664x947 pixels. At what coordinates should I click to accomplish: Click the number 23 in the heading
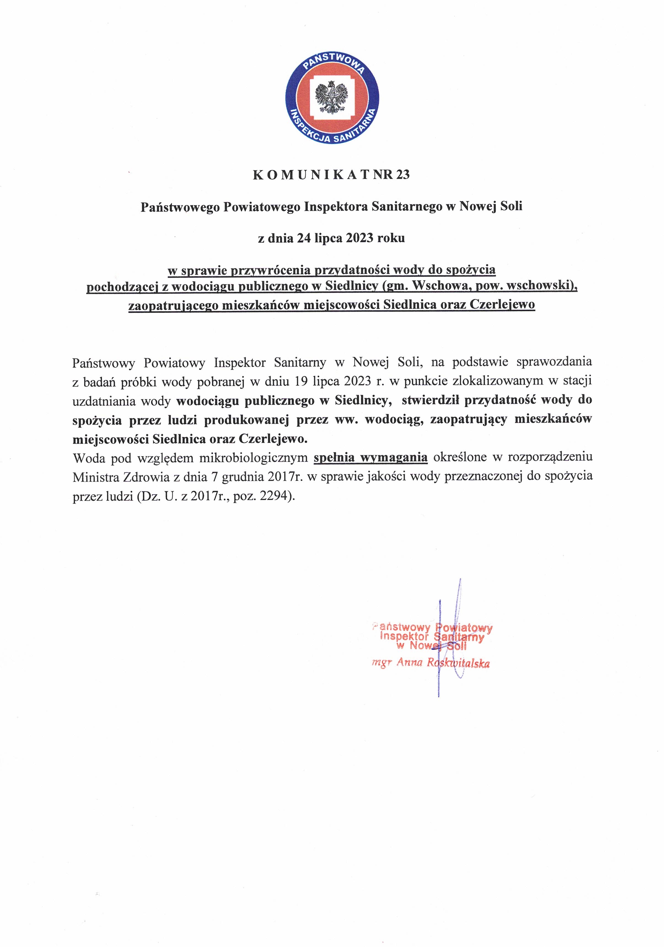tap(403, 175)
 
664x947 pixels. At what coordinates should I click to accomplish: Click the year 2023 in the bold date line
tap(357, 238)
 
